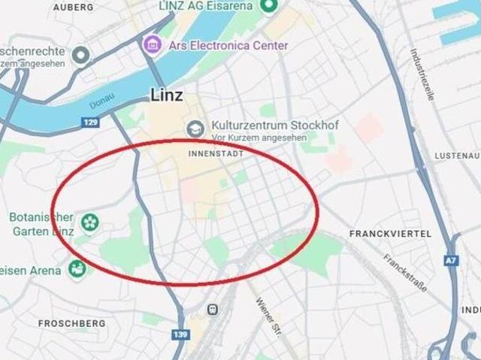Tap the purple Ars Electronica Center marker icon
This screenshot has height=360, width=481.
tap(153, 44)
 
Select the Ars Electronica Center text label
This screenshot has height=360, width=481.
tap(228, 45)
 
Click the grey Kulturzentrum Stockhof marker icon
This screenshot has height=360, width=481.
tap(196, 129)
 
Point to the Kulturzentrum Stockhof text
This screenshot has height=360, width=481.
tap(256, 126)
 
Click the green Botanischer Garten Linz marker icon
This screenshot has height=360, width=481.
tap(90, 222)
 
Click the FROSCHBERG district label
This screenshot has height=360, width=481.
tap(71, 324)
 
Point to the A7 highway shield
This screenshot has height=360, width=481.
tap(451, 261)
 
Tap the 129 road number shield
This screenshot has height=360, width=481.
tap(92, 122)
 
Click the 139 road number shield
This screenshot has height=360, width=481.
tap(180, 334)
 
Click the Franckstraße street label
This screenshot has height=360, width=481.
tap(405, 272)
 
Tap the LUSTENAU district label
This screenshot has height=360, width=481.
tap(457, 156)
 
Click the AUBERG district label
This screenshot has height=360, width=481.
tap(74, 7)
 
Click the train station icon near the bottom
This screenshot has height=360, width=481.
tap(213, 309)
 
